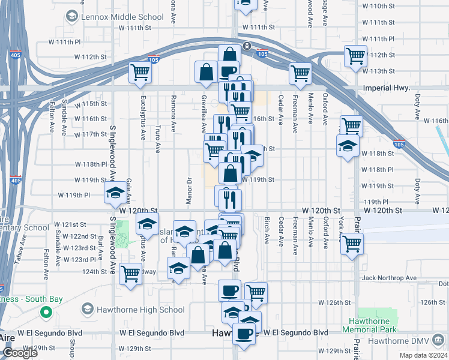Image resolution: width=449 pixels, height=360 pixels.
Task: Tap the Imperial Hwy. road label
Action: click(x=386, y=88)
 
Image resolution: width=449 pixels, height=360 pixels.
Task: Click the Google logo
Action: click(x=20, y=353)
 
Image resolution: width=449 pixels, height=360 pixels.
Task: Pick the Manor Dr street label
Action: click(x=188, y=190)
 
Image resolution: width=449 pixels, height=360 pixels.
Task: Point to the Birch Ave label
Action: click(x=267, y=230)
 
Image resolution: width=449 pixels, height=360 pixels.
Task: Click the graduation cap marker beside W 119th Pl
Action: click(x=114, y=194)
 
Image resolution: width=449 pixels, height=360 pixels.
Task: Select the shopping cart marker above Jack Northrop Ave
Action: click(x=351, y=244)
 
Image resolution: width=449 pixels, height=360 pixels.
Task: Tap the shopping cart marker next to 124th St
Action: click(x=130, y=274)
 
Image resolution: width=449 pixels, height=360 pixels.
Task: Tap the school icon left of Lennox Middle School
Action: click(x=70, y=17)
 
